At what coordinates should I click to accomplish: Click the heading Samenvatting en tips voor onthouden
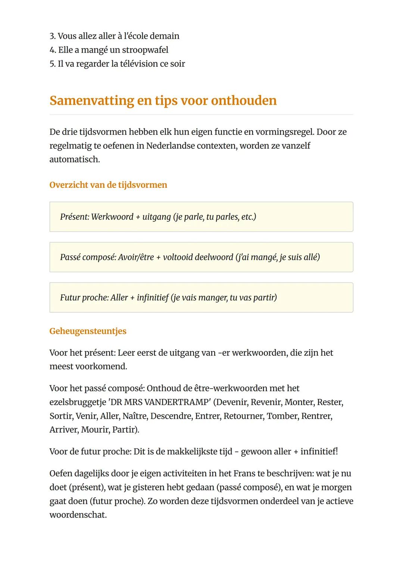163,101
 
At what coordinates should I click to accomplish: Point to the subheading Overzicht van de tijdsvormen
108,185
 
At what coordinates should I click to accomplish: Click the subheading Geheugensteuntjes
88,331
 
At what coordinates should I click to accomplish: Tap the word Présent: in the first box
74,217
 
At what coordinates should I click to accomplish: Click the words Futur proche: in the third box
84,297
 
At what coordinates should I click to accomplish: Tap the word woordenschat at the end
78,515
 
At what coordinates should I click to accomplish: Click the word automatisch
75,159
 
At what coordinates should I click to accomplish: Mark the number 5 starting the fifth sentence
52,64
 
